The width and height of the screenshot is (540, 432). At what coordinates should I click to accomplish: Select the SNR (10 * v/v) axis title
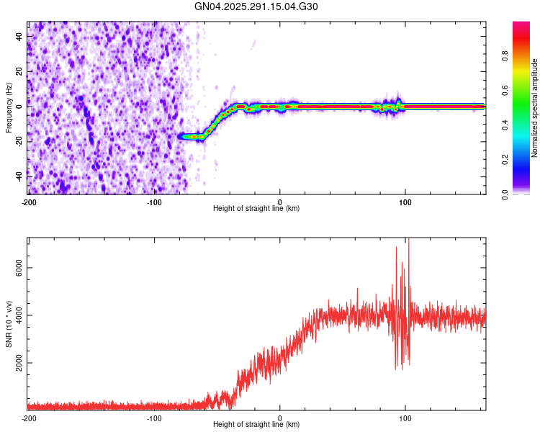click(8, 324)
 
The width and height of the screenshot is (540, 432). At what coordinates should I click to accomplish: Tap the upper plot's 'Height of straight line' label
click(256, 209)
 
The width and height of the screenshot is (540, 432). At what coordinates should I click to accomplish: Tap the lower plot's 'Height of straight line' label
click(256, 425)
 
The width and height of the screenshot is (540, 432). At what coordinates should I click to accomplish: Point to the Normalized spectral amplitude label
click(535, 108)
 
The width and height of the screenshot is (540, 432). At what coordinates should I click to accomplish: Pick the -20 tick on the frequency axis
click(17, 141)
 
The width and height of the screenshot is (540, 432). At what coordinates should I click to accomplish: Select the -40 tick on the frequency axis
click(17, 176)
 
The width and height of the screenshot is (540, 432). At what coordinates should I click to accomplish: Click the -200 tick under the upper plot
click(29, 201)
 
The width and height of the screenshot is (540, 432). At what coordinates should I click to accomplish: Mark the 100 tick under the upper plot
click(405, 201)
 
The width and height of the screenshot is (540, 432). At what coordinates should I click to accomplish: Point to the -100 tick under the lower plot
click(153, 418)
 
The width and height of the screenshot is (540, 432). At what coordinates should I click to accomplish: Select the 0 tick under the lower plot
click(280, 418)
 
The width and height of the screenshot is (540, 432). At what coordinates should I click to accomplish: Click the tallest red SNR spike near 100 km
click(408, 242)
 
